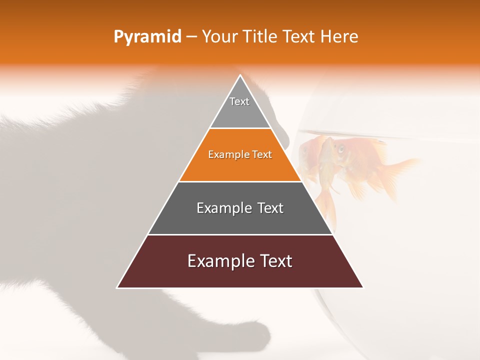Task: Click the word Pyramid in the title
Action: [147, 37]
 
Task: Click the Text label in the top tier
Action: [239, 101]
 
